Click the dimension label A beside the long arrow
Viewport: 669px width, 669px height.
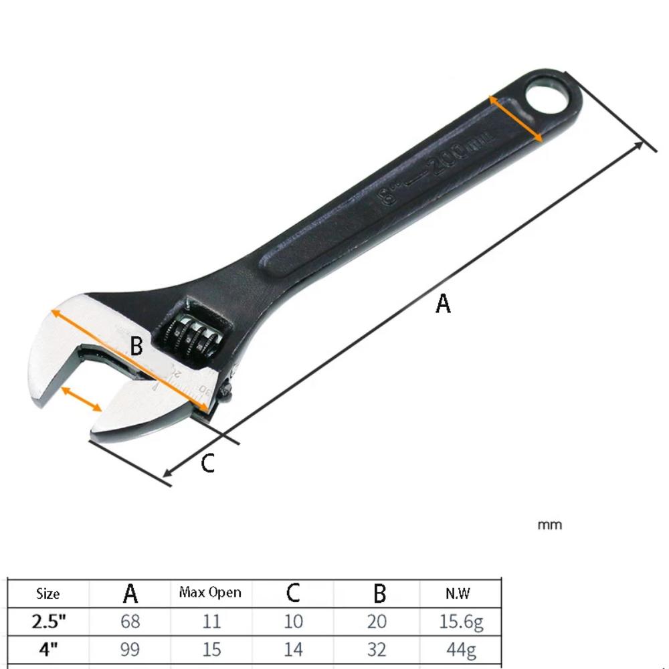443,304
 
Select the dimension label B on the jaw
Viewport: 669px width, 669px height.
136,347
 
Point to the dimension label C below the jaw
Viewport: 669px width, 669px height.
208,463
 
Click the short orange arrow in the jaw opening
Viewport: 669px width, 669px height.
82,399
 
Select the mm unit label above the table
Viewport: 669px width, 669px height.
550,525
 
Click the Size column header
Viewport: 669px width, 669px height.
47,593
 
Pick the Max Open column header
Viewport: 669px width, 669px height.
210,593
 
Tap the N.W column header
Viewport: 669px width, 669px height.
458,593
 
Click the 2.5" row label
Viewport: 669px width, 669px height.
48,622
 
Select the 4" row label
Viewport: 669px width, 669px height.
48,649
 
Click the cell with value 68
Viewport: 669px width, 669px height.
130,622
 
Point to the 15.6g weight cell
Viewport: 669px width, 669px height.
461,622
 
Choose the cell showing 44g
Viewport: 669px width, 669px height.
461,649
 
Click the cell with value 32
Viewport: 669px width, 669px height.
377,649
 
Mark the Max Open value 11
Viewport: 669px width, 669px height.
211,622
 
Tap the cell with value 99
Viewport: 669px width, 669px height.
130,649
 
